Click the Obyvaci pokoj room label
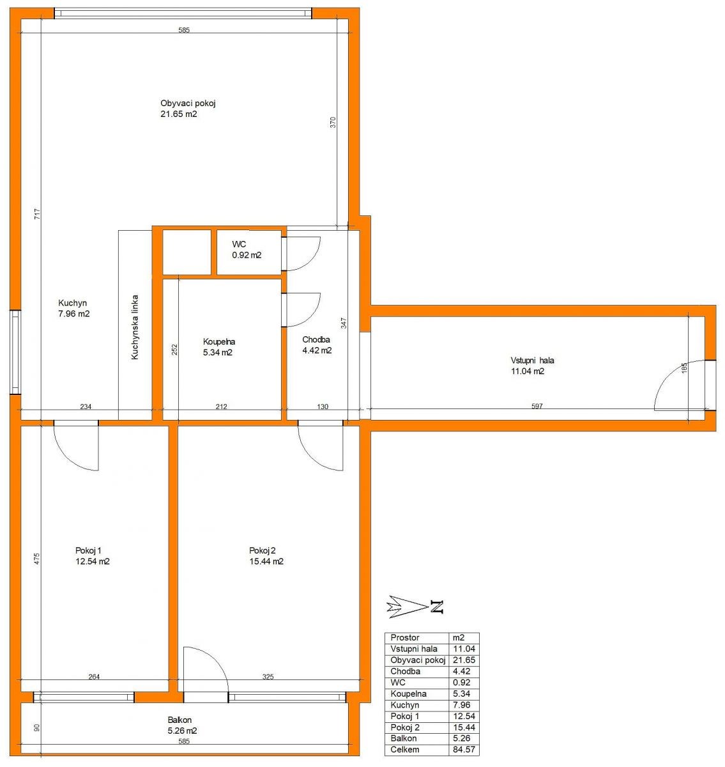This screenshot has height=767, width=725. point(188,104)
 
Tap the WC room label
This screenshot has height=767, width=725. point(239,244)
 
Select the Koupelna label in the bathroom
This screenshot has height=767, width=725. point(219,342)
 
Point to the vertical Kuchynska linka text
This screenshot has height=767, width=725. point(135,327)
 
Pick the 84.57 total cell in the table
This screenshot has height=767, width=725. point(464,749)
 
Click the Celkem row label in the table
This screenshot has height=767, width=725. point(405,749)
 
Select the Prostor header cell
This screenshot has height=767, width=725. point(405,637)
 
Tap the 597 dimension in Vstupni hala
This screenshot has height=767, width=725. point(537,406)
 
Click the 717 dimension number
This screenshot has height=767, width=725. point(37,213)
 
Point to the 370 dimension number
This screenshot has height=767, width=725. point(333,123)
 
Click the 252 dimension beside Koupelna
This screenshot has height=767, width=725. point(174,349)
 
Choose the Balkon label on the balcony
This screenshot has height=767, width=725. point(179,720)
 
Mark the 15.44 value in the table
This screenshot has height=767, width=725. point(464,727)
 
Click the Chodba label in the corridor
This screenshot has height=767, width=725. point(316,339)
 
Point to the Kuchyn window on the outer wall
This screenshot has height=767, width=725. point(15,352)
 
